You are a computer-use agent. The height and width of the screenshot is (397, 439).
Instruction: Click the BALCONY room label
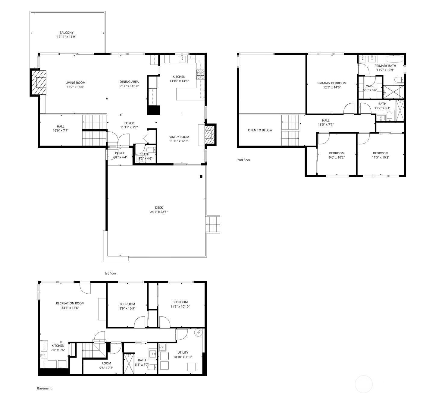point(67,33)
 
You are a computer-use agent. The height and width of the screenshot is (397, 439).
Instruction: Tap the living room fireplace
point(38,83)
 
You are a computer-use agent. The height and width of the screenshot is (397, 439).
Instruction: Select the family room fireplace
point(210,135)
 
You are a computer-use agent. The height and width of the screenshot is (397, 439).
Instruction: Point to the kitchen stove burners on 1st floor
point(200,74)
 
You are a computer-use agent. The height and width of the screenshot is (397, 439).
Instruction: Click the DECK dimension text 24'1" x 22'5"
point(159,212)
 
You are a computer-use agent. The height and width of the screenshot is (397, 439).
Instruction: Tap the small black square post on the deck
point(201,176)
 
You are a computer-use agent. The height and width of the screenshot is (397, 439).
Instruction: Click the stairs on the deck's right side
point(213,224)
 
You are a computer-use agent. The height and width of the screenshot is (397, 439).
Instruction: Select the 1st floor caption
point(110,273)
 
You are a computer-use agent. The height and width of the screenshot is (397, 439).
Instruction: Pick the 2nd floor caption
point(243,160)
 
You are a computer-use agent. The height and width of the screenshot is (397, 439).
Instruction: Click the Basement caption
point(44,388)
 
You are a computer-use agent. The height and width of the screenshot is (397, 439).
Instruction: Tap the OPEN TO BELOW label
point(260,130)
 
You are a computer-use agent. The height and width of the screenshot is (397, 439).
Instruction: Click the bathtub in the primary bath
point(394,59)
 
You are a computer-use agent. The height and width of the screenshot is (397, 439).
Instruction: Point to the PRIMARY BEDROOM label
point(332,83)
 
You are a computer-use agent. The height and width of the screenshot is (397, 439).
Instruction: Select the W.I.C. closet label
point(370,86)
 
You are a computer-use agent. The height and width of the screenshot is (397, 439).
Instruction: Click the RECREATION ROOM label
point(70,303)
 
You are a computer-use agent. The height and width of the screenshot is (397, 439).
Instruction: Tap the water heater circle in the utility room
point(198,332)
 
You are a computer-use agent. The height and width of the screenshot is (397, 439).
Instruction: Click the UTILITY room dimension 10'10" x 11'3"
point(183,357)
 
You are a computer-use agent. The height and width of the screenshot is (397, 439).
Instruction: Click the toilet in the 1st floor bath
point(151,150)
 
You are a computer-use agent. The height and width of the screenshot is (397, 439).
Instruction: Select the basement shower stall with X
point(129,364)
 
